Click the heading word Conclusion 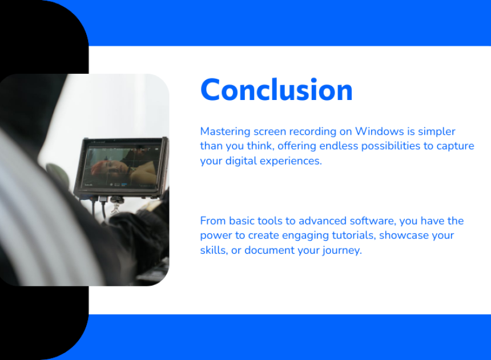click(276, 90)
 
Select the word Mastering click(225, 131)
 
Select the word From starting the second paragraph click(213, 221)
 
